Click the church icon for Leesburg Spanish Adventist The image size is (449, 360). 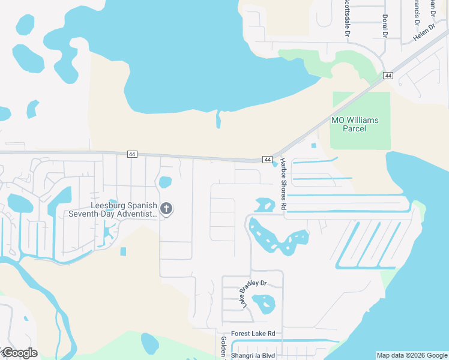(x=166, y=209)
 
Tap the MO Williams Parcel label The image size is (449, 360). (x=355, y=124)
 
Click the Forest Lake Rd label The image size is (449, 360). (x=253, y=334)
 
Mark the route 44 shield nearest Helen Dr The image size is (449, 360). (x=388, y=76)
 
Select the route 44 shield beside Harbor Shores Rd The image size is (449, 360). (x=267, y=159)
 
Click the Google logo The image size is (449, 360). (x=19, y=353)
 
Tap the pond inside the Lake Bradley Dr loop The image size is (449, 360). (x=264, y=304)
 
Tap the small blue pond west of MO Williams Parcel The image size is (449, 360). (x=313, y=146)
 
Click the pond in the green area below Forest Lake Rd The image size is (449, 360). (x=150, y=344)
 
